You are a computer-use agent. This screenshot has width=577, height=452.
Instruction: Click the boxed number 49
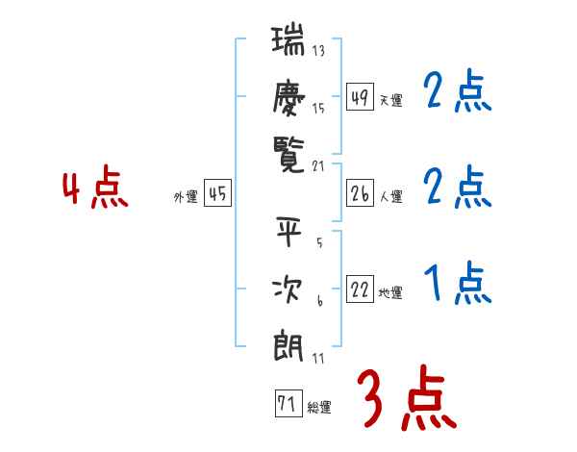click(x=360, y=98)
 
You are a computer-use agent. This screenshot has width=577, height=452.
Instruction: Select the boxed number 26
click(x=360, y=194)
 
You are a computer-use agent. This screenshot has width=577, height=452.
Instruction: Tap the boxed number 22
click(x=360, y=290)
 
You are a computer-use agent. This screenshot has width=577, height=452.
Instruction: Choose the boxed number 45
click(x=217, y=194)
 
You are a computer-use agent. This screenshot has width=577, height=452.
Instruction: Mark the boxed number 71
click(x=287, y=405)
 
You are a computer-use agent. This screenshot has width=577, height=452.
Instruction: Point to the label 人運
click(x=390, y=197)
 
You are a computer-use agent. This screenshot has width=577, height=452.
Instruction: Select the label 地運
click(x=390, y=293)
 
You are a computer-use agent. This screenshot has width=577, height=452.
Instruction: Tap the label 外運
click(x=185, y=197)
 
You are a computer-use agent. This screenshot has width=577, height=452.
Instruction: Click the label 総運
click(x=318, y=408)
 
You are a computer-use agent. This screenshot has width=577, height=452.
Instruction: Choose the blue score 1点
click(x=458, y=285)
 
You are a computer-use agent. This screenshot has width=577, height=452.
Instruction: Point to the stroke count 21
click(x=319, y=165)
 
